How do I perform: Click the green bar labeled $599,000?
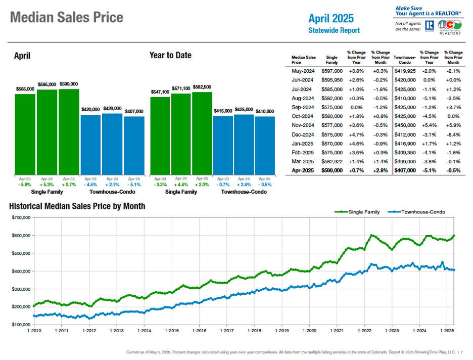(69, 132)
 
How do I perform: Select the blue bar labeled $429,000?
(112, 144)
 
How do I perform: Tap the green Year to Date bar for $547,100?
(160, 136)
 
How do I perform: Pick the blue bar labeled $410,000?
(265, 146)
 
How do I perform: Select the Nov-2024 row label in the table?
(303, 125)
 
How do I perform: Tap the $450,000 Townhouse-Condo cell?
(404, 125)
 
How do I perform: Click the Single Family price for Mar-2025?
(332, 162)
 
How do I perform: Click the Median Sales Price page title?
(67, 18)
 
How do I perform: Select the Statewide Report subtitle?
(334, 30)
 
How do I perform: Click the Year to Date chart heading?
(170, 55)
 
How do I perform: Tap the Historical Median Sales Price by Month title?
(77, 206)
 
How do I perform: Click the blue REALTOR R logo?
(430, 26)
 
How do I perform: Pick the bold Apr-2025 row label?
(303, 171)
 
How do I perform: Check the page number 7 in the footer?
(462, 352)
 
